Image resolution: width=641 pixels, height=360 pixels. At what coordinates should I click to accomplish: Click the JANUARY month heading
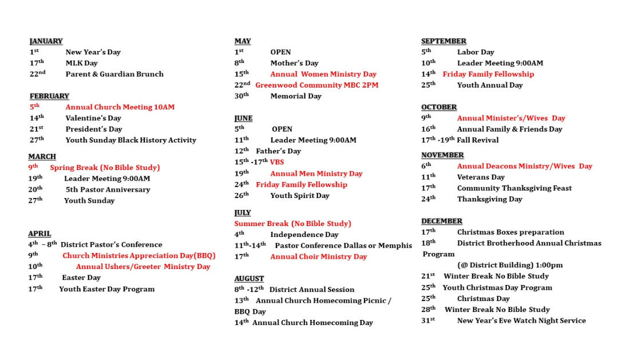(x=46, y=41)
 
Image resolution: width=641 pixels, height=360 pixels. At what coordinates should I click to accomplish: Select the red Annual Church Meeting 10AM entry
(x=120, y=107)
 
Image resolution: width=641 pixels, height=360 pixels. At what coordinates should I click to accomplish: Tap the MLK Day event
(x=81, y=63)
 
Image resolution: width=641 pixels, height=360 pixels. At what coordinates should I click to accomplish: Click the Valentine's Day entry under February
(x=93, y=118)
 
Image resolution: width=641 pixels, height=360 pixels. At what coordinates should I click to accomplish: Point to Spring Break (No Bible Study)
(x=105, y=168)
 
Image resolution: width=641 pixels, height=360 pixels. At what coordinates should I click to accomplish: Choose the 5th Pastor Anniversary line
(x=108, y=189)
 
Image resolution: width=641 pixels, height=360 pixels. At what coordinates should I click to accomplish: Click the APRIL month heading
(x=39, y=234)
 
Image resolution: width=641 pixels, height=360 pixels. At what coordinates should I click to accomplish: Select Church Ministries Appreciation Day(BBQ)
(x=139, y=256)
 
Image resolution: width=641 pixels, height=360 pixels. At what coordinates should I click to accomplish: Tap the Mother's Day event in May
(x=294, y=63)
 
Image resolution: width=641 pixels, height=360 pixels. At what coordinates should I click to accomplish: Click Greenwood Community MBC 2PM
(x=316, y=85)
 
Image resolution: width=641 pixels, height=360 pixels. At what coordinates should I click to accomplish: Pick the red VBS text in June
(x=277, y=162)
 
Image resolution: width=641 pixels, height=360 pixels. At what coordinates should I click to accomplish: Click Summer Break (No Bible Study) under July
(x=292, y=224)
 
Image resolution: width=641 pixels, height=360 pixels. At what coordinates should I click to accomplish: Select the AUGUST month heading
(x=249, y=279)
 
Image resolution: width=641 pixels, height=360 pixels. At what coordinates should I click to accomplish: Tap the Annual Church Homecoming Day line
(x=312, y=323)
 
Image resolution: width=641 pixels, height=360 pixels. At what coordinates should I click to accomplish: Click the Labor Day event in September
(x=476, y=52)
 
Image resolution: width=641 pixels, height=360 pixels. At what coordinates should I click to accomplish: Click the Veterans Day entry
(x=481, y=177)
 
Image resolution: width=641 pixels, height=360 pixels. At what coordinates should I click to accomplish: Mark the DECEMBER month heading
(x=441, y=221)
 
